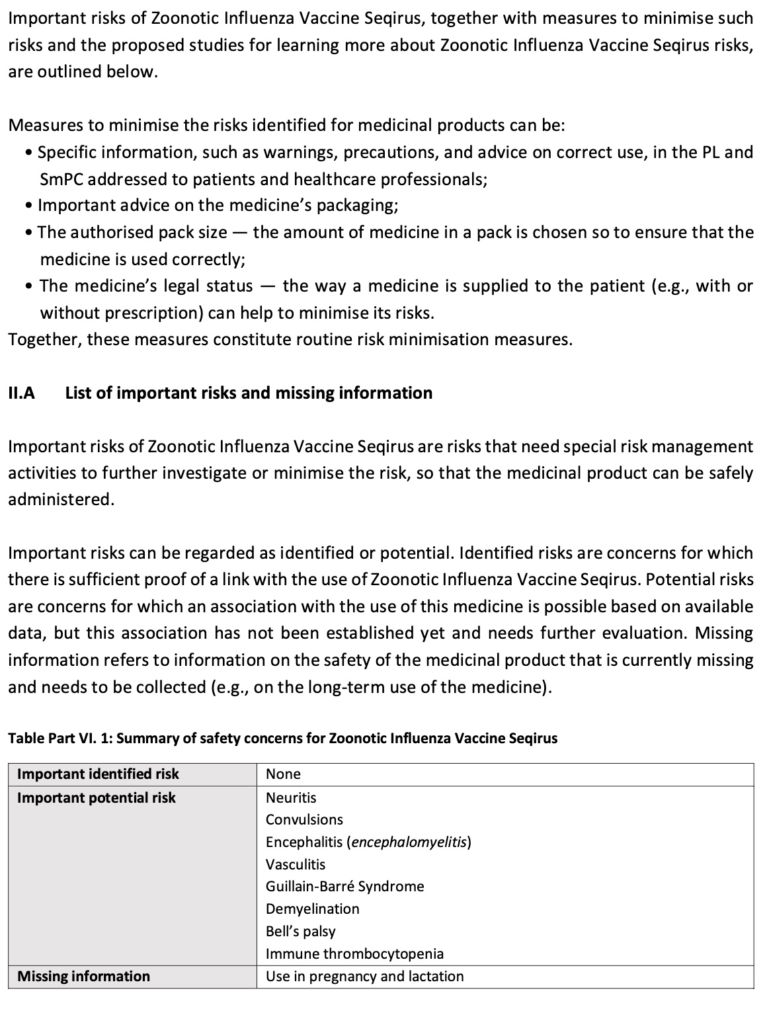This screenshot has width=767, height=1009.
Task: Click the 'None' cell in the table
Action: (283, 774)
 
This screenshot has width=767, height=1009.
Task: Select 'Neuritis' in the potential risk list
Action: (291, 798)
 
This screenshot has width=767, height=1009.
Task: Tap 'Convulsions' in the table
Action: (304, 820)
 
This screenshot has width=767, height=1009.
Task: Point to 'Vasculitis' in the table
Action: (296, 865)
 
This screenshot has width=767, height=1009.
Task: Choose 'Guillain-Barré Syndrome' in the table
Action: (344, 887)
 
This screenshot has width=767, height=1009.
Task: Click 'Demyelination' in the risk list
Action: (312, 909)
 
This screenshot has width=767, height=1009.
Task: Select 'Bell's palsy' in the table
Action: (300, 932)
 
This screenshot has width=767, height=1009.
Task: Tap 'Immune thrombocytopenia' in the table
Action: (354, 954)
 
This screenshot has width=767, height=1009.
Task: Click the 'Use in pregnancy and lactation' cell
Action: (364, 977)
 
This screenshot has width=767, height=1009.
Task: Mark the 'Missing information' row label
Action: (83, 977)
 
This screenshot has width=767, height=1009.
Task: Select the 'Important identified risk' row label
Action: (98, 774)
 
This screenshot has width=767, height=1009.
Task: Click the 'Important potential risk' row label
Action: (97, 798)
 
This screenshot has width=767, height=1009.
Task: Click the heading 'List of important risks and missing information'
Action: (249, 393)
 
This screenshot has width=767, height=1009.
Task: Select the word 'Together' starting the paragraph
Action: (44, 340)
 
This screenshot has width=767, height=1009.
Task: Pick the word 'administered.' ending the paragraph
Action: (61, 500)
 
